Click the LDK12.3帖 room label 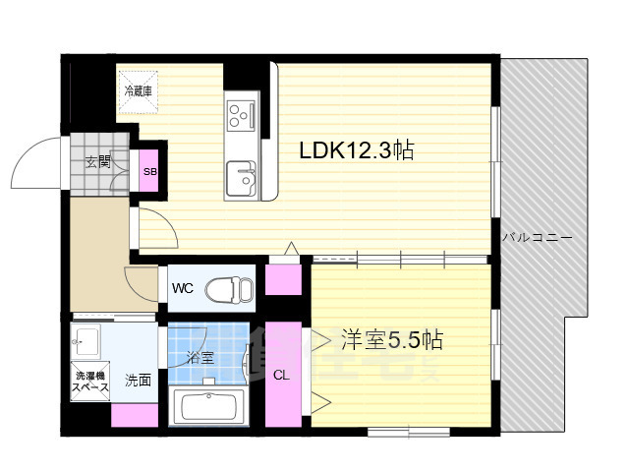tap(357, 150)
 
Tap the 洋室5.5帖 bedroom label tap(392, 340)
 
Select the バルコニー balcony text tap(538, 238)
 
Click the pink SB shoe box tap(150, 170)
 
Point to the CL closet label tap(281, 376)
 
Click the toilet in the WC tap(229, 288)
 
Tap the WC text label tap(183, 288)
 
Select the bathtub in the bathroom tap(207, 406)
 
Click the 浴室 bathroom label tap(200, 357)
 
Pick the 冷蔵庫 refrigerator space tap(138, 91)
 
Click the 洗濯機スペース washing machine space tap(90, 381)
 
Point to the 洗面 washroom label tap(138, 381)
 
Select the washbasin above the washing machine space tap(86, 341)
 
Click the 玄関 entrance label tap(98, 162)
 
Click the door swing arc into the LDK tap(167, 220)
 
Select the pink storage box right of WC tap(283, 279)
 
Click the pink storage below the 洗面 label tap(135, 415)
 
